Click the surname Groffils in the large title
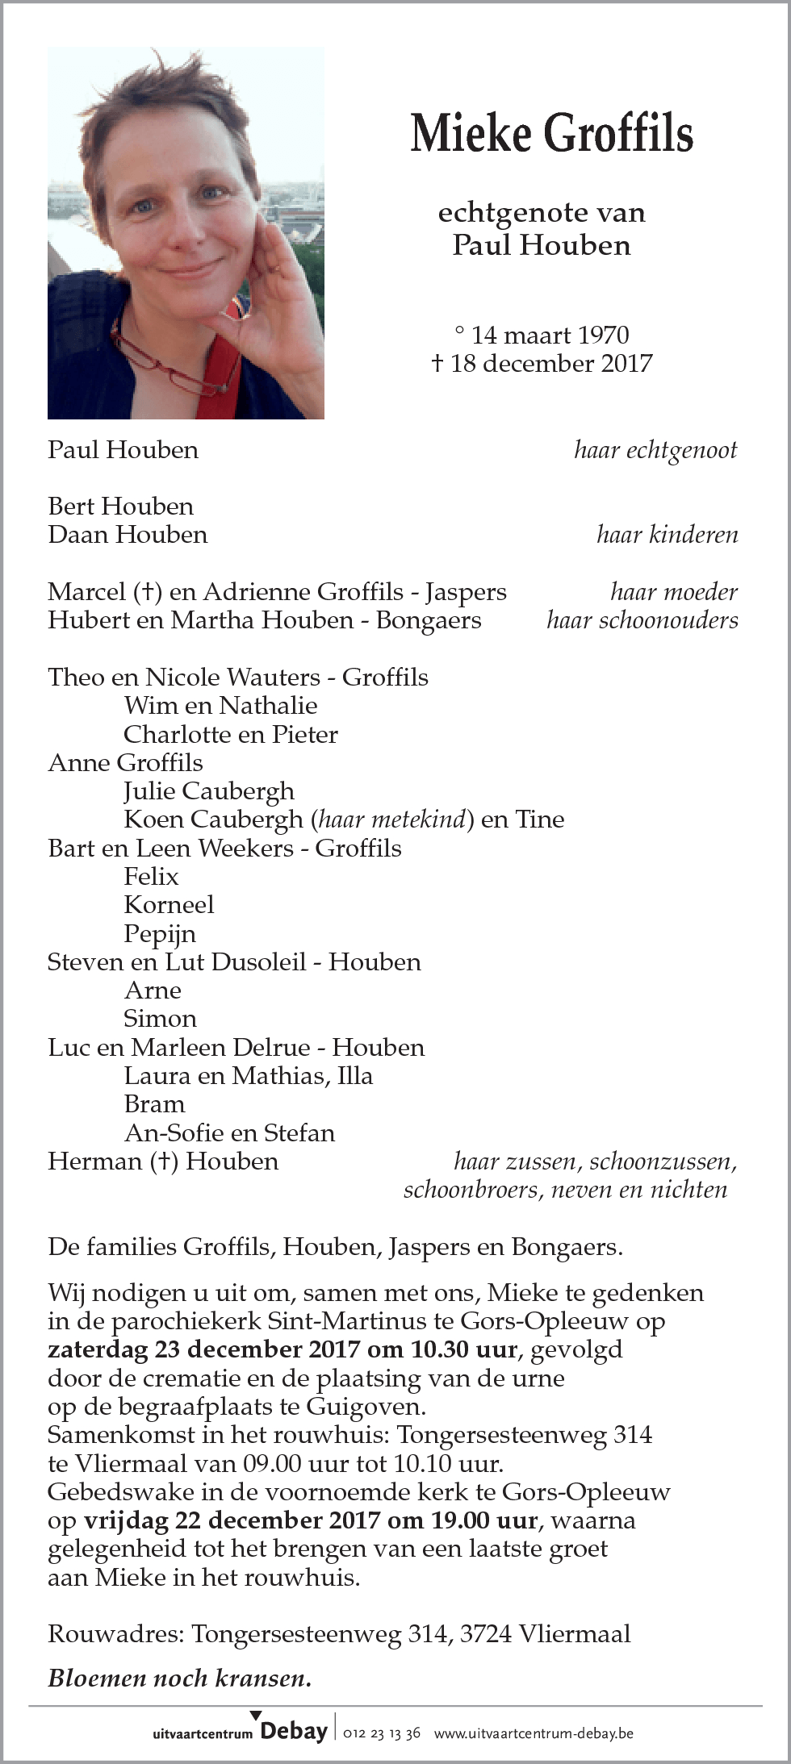coord(618,133)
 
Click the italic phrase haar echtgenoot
coord(655,450)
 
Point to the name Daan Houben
coord(128,535)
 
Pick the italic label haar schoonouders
coord(642,620)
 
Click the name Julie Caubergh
coord(209,791)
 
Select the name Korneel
coord(169,905)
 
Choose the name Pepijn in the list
coord(160,934)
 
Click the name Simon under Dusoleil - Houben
coord(160,1019)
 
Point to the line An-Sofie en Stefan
coord(229,1133)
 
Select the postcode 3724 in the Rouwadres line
coord(486,1634)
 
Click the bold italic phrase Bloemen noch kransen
coord(180,1679)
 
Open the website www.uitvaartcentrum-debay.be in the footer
coord(534,1733)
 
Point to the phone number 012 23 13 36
coord(382,1733)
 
